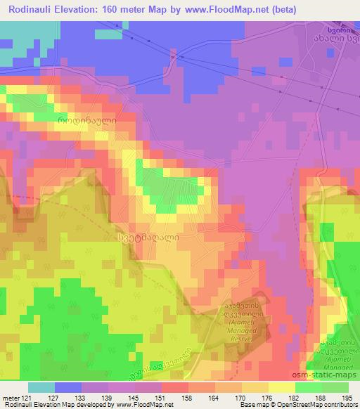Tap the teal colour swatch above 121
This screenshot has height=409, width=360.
click(x=41, y=387)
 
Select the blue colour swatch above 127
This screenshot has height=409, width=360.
click(x=68, y=387)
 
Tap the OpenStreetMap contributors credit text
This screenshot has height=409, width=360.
click(x=312, y=405)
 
